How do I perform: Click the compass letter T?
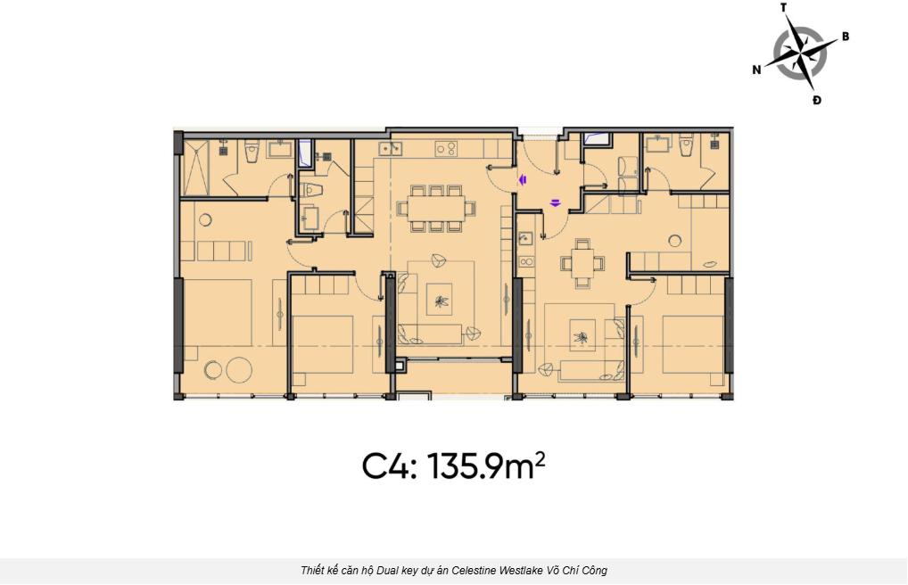783,7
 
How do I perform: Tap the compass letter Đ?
816,100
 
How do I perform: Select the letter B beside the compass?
846,37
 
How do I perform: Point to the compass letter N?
756,70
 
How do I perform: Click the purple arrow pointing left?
523,180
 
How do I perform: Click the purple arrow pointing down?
556,202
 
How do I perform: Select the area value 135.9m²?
486,466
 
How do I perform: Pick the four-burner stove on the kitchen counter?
446,149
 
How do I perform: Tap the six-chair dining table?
437,209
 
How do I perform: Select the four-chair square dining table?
582,264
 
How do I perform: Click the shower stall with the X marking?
195,167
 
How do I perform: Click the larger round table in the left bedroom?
238,369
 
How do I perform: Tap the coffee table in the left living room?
440,299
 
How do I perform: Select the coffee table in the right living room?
582,336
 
